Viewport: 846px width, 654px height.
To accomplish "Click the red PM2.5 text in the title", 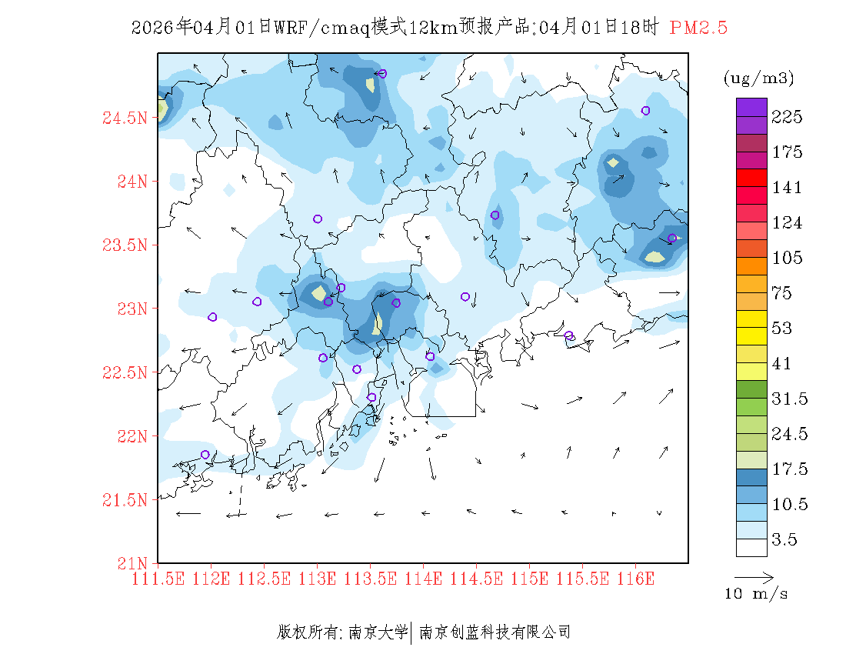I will click(698, 28).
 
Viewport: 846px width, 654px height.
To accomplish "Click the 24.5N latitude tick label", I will click(124, 118).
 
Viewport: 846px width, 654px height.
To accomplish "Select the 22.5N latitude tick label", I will click(124, 373).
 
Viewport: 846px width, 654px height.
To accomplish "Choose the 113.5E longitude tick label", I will click(370, 579).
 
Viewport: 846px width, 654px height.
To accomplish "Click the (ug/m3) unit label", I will click(758, 78).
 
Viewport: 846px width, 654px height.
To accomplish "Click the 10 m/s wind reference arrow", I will click(754, 576).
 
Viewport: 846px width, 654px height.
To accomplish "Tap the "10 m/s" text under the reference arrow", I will click(757, 594).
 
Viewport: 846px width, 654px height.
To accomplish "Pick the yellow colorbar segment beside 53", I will click(751, 319).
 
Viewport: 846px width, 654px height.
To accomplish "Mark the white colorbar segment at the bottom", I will click(751, 547).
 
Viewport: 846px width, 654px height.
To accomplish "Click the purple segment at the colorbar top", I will click(751, 107).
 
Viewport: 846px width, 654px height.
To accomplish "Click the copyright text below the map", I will click(424, 632).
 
